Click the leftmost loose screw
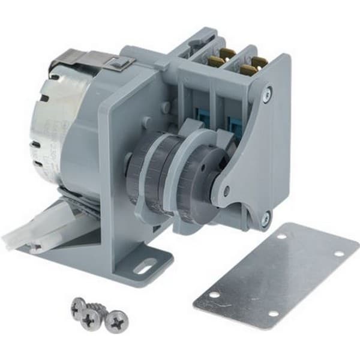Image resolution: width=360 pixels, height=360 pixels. (78, 307)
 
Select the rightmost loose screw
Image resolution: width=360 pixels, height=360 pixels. (116, 322)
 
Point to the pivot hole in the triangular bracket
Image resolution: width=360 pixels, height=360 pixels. (226, 191)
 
